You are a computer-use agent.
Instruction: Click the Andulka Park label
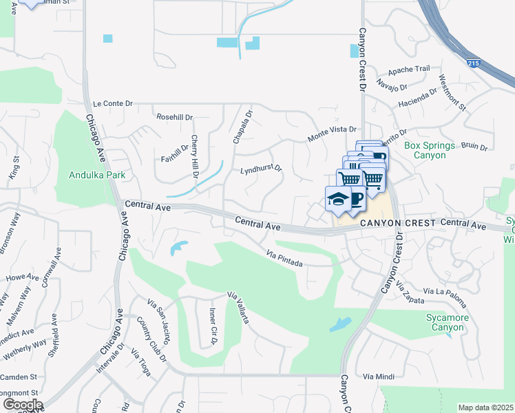pyautogui.click(x=97, y=175)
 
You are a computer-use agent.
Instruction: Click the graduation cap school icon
pyautogui.click(x=337, y=199)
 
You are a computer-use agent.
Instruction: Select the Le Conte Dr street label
pyautogui.click(x=112, y=103)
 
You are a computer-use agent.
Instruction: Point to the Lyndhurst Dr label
pyautogui.click(x=262, y=169)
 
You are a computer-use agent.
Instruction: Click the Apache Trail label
pyautogui.click(x=409, y=69)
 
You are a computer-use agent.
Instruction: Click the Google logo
pyautogui.click(x=22, y=405)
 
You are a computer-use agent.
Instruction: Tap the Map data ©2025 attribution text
pyautogui.click(x=486, y=407)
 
